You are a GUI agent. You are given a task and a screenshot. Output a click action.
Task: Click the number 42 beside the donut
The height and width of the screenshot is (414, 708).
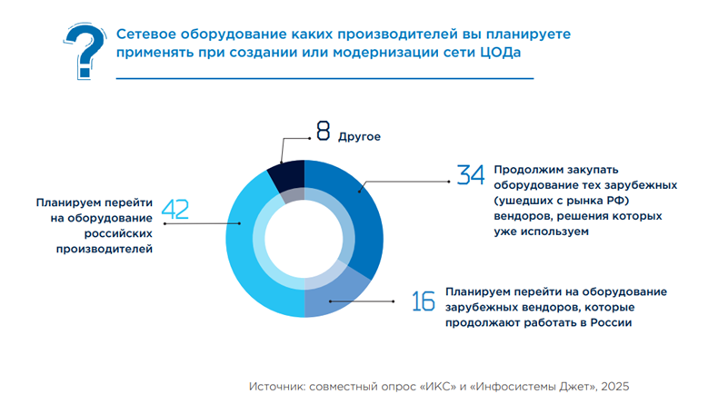[x=175, y=210]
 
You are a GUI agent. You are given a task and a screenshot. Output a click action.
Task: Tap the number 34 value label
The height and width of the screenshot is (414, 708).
[x=470, y=176]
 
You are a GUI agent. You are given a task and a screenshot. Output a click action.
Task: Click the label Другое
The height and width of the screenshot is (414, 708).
[x=359, y=136]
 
